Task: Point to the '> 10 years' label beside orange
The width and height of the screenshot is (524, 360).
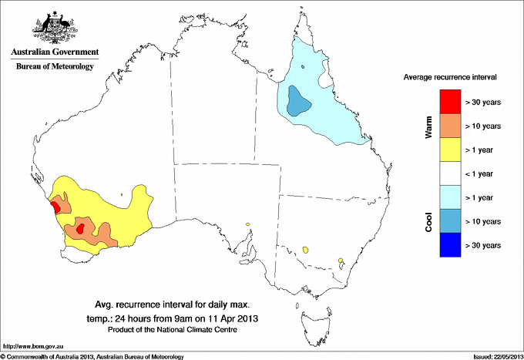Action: coord(484,126)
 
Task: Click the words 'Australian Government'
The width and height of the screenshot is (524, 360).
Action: coord(55,52)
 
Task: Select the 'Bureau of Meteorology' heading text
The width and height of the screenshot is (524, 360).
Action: coord(55,66)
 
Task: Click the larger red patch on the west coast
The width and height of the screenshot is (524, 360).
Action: coord(56,206)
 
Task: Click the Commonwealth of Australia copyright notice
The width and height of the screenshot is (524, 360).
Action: coord(92,355)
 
